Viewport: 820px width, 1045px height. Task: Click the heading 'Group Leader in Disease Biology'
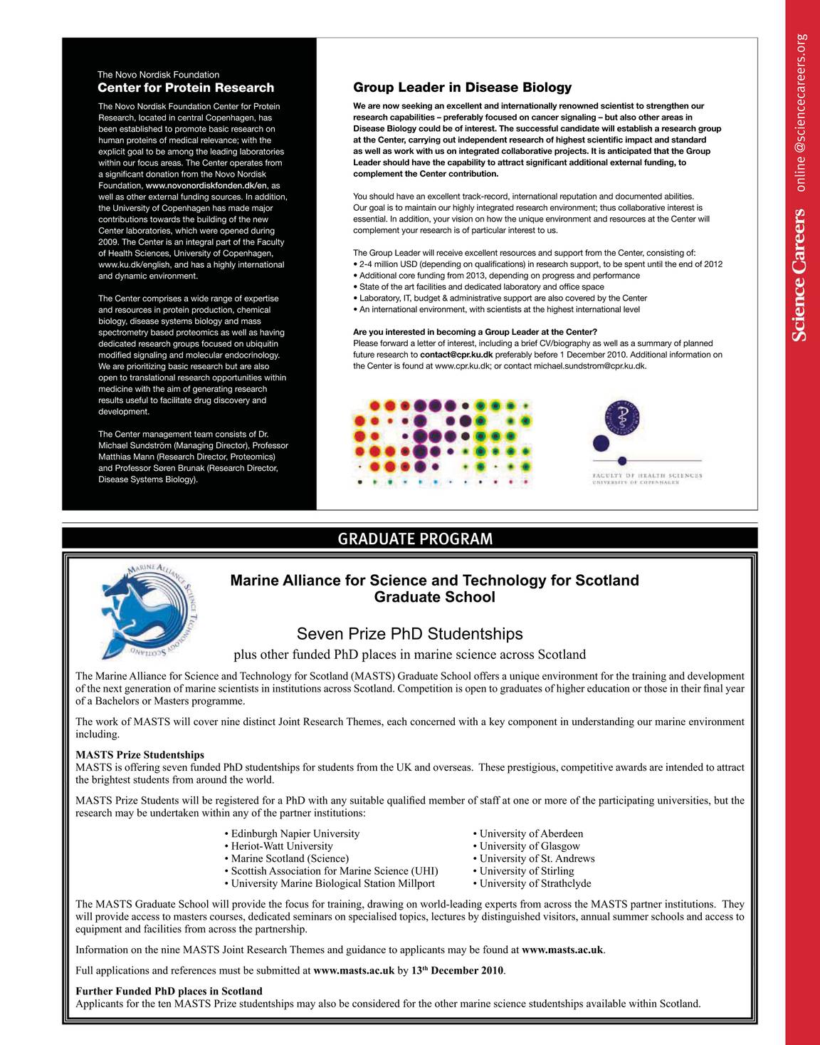(462, 88)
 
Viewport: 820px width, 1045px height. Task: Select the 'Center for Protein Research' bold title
(185, 88)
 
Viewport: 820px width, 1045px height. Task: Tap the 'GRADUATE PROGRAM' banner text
(415, 539)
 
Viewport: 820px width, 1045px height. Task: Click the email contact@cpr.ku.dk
(456, 354)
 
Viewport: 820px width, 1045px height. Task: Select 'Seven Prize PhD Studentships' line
(409, 633)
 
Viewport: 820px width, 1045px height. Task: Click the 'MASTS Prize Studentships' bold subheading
(140, 754)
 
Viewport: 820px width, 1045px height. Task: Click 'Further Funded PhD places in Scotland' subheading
(169, 991)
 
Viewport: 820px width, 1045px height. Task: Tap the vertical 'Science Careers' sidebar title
(801, 274)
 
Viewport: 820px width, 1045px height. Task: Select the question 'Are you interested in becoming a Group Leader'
(475, 332)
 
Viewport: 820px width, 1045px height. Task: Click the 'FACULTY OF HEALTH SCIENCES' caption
(647, 475)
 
